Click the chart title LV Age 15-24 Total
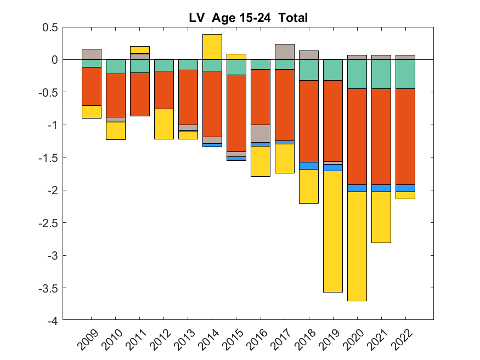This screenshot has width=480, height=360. point(249,18)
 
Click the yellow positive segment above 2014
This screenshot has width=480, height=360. point(212,47)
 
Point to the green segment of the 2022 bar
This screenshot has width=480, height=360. point(405,74)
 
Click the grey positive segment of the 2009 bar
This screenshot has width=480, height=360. point(92,54)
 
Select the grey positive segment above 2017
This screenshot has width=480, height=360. point(285,52)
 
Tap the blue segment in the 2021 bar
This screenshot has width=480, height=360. point(381,188)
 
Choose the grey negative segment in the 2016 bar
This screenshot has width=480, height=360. point(261,133)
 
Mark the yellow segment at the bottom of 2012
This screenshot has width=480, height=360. point(164,123)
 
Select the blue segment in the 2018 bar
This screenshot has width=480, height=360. point(309,165)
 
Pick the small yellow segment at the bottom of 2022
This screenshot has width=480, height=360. point(405,195)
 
